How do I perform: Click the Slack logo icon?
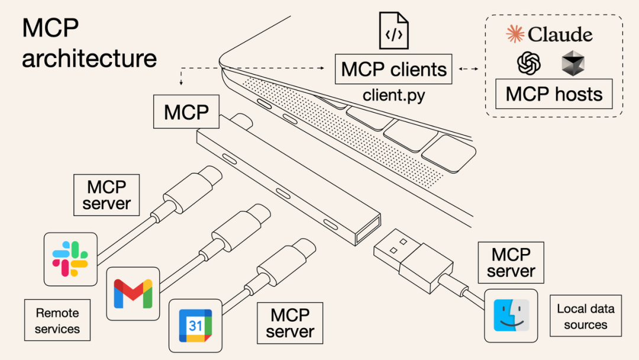(x=70, y=259)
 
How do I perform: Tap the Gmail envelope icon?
(x=133, y=293)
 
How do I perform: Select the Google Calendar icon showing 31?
(x=195, y=325)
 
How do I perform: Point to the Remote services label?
(x=57, y=320)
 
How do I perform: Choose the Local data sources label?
(x=585, y=316)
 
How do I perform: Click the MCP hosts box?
(x=554, y=94)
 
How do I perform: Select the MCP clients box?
(x=393, y=69)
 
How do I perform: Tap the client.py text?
(x=393, y=95)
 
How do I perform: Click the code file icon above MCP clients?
(x=394, y=31)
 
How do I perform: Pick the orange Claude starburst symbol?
(x=515, y=34)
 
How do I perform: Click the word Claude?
(x=560, y=34)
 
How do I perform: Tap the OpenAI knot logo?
(x=529, y=63)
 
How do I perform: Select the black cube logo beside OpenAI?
(x=573, y=63)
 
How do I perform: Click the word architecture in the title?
(x=89, y=58)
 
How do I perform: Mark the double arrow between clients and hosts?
(x=469, y=69)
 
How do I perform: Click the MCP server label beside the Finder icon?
(x=511, y=263)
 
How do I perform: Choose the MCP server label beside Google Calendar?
(x=289, y=322)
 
